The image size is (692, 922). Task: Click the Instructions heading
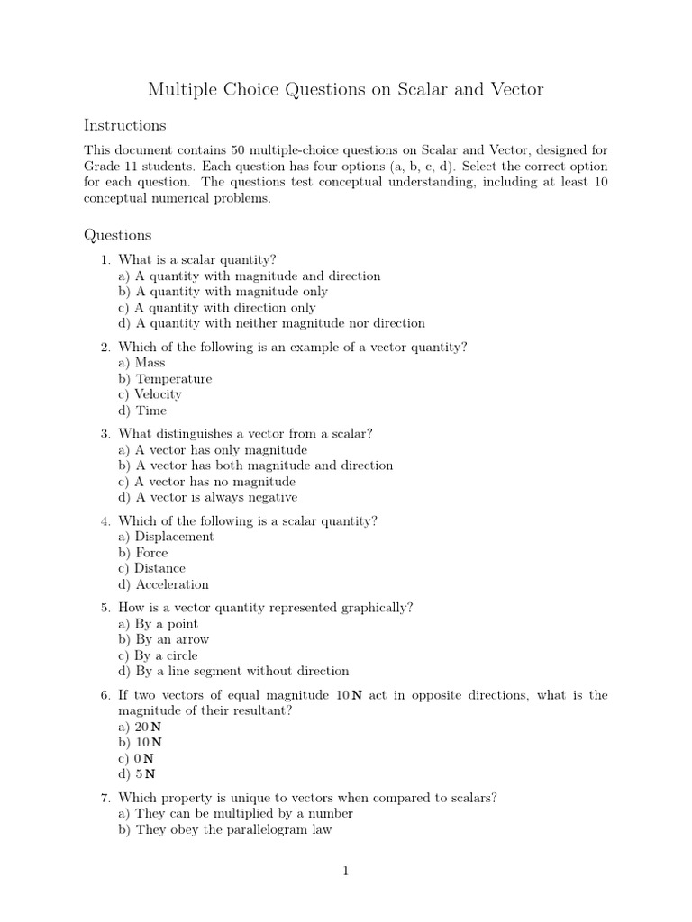point(124,125)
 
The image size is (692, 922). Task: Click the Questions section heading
point(118,235)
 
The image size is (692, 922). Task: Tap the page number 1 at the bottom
point(345,871)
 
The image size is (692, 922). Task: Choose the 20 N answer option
point(141,726)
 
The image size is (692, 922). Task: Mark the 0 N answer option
point(137,758)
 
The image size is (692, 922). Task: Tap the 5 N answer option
point(138,773)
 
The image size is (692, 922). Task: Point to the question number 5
point(105,608)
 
